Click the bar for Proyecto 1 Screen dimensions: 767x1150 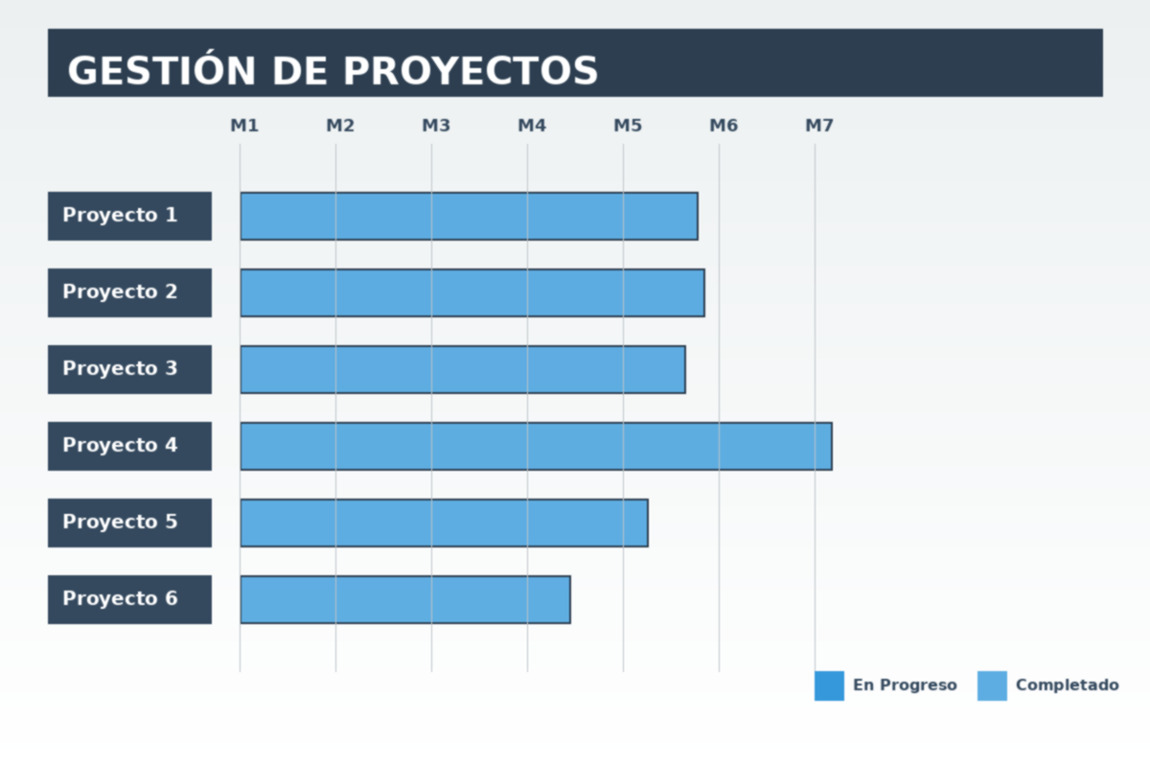[x=469, y=216]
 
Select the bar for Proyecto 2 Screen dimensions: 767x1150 [x=471, y=292]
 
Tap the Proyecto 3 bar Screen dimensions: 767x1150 [x=462, y=369]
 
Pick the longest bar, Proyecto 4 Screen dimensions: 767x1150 [x=536, y=446]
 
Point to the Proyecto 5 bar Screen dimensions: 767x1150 [x=444, y=523]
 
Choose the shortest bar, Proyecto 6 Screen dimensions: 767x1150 [x=404, y=599]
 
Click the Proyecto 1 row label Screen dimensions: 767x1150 [x=129, y=216]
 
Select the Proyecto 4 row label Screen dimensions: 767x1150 [x=129, y=446]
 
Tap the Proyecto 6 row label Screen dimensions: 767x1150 [x=129, y=599]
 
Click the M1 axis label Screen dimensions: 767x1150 [x=244, y=126]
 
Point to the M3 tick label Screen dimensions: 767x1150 [x=436, y=126]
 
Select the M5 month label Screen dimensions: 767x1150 [x=628, y=126]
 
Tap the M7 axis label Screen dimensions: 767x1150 [x=819, y=126]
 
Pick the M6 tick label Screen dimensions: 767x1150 [x=724, y=126]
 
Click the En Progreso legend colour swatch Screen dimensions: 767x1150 [x=829, y=686]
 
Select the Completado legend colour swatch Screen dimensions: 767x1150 [x=992, y=686]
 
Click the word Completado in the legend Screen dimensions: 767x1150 [x=1067, y=686]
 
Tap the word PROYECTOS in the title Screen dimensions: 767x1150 [x=471, y=71]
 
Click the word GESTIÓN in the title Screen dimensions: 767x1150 [x=162, y=71]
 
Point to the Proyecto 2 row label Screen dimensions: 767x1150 [x=129, y=292]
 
